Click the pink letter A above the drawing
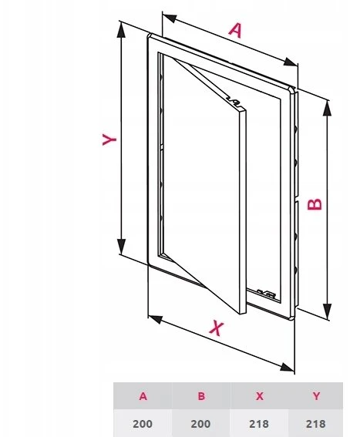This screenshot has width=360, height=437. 235,30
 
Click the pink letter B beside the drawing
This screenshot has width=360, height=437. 315,204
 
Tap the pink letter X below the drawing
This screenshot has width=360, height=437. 217,328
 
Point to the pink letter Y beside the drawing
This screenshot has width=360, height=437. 109,140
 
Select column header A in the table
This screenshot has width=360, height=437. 143,396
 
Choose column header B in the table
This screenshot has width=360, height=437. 201,396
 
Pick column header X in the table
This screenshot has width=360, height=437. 260,396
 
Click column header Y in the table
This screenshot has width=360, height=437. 316,396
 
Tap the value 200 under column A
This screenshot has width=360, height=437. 143,424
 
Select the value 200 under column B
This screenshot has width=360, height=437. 200,424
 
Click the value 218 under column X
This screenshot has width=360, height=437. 259,424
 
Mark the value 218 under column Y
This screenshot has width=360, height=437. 315,424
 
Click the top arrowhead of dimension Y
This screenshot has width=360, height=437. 121,29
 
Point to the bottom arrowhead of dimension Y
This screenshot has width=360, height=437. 121,247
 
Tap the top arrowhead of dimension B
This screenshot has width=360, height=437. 327,108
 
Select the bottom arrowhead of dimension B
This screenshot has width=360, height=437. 327,311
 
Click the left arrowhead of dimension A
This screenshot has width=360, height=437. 170,18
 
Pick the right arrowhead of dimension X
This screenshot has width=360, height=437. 287,368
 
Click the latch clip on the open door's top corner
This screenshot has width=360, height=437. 234,102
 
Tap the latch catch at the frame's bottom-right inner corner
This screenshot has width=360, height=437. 267,294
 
